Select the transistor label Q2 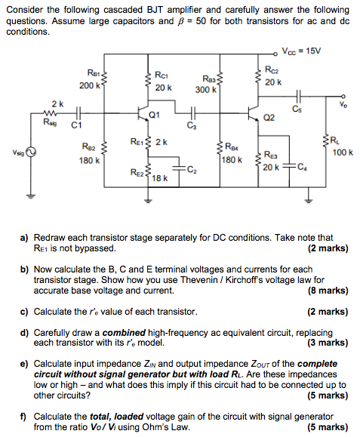tap(269, 118)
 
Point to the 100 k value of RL tap(341, 152)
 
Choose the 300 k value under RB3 tap(205, 90)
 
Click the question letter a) tap(24, 237)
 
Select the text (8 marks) tap(328, 290)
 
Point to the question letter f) tap(23, 416)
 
